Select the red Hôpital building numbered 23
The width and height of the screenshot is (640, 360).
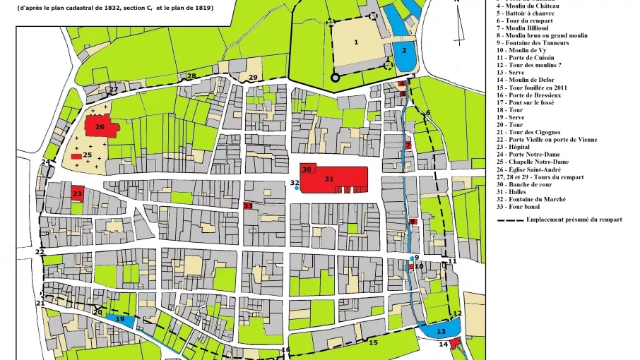[x=78, y=193]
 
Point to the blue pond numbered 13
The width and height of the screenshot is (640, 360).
[x=439, y=328]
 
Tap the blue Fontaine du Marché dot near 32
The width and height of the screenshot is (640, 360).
[x=296, y=188]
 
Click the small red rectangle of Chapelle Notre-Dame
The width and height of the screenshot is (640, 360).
[x=76, y=155]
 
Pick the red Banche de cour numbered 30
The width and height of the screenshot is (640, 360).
[x=307, y=169]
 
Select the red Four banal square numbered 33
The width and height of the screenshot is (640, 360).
[x=248, y=205]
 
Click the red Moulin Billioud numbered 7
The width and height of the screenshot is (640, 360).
[x=408, y=145]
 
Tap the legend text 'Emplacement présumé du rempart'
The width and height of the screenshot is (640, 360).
[x=574, y=220]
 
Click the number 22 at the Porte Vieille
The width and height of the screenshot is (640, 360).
[x=40, y=252]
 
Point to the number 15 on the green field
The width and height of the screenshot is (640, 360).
[x=374, y=342]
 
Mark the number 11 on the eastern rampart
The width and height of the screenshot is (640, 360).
[x=452, y=261]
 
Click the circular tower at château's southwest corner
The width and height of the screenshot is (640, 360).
[x=336, y=78]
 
